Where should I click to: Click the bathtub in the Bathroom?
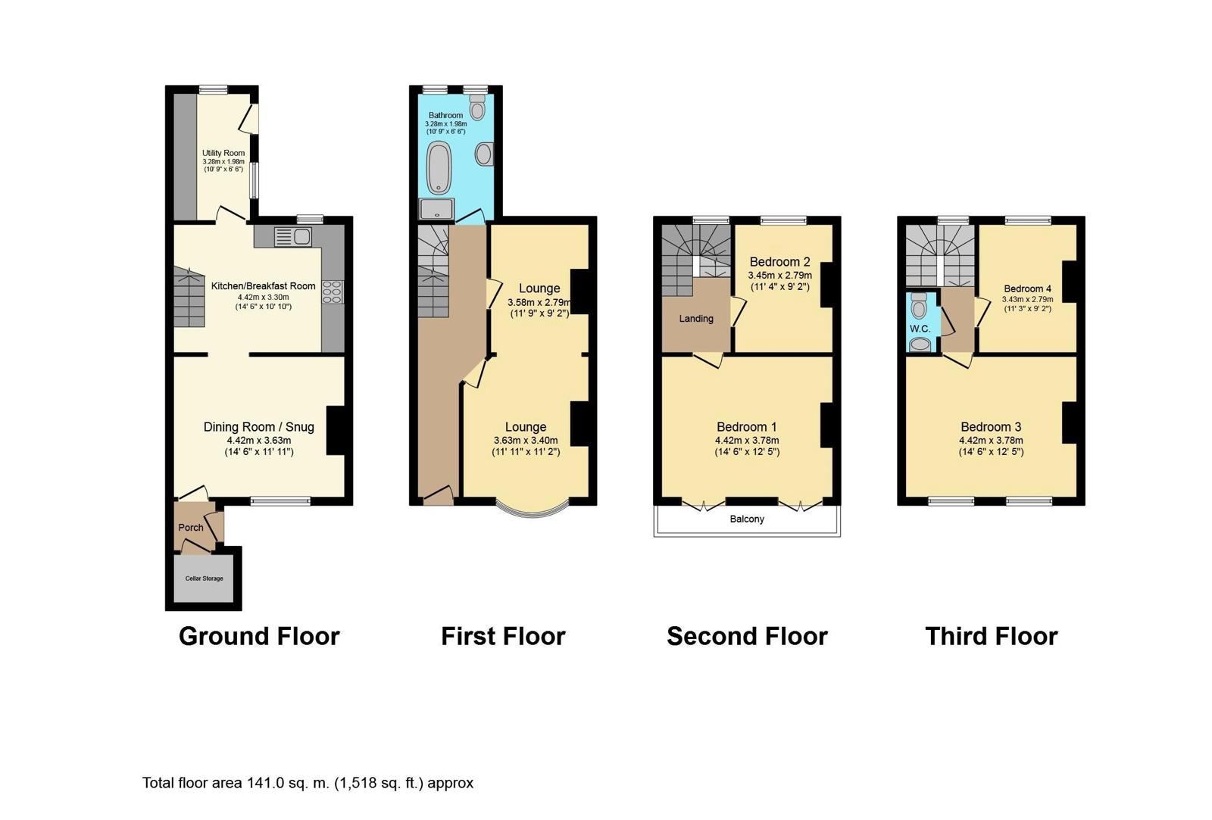(x=439, y=167)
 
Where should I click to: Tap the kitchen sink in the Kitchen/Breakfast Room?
(x=292, y=236)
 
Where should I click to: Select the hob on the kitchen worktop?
(x=333, y=292)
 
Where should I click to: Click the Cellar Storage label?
(x=204, y=578)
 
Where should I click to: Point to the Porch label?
(x=191, y=528)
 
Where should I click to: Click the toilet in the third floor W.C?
(x=919, y=305)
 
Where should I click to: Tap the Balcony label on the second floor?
(x=747, y=519)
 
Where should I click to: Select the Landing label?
(x=696, y=319)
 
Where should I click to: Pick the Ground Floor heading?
(x=259, y=636)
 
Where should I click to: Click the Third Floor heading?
(x=992, y=636)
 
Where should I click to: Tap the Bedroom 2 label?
(x=779, y=262)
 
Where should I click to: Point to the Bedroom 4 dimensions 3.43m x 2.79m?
(x=1027, y=299)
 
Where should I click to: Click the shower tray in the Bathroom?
(x=436, y=209)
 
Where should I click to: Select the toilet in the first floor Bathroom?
(x=476, y=107)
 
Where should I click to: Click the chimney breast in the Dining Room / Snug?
(x=336, y=431)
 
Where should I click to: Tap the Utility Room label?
(x=223, y=153)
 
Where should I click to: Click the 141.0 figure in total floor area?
(x=265, y=783)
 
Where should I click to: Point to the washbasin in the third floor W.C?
(x=920, y=345)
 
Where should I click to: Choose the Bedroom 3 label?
(x=992, y=427)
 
